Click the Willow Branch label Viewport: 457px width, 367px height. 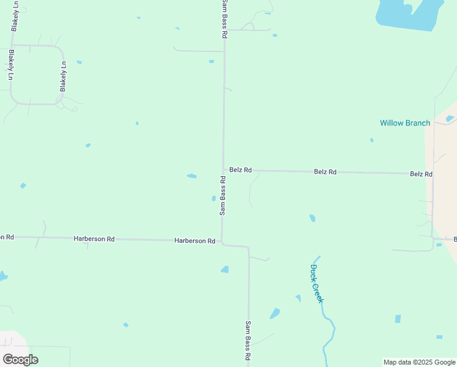tap(404, 123)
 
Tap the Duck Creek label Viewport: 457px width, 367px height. tap(316, 283)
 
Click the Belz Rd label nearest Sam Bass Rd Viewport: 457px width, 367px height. tap(240, 169)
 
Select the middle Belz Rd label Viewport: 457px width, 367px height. tap(325, 172)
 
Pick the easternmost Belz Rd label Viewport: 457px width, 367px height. tap(421, 174)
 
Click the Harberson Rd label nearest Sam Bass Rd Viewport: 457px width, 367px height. tap(194, 241)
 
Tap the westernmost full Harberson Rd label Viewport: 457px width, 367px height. tap(94, 239)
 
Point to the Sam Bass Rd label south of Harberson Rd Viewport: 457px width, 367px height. tap(248, 340)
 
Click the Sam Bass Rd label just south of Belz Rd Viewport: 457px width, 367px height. tap(223, 196)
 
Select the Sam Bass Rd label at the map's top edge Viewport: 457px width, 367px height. tap(224, 20)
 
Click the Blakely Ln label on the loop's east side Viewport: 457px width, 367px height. tap(63, 76)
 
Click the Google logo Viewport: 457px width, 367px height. tap(20, 360)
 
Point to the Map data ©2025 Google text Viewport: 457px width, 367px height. tap(419, 362)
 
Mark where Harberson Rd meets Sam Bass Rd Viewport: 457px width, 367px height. tap(222, 242)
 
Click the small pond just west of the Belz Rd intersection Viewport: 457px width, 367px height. tap(192, 176)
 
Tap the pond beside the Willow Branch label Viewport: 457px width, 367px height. tap(450, 118)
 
